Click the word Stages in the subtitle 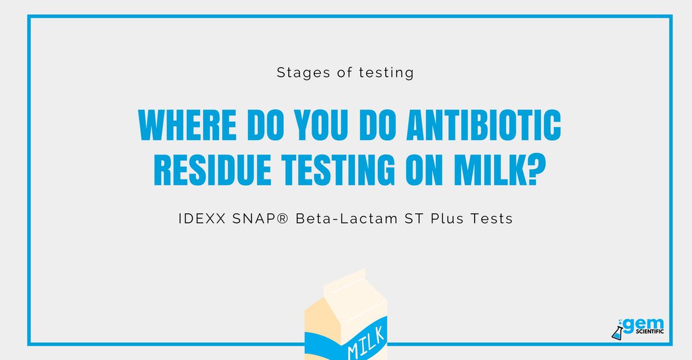pos(296,73)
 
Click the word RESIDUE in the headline pos(201,171)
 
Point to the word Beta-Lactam pos(347,219)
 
